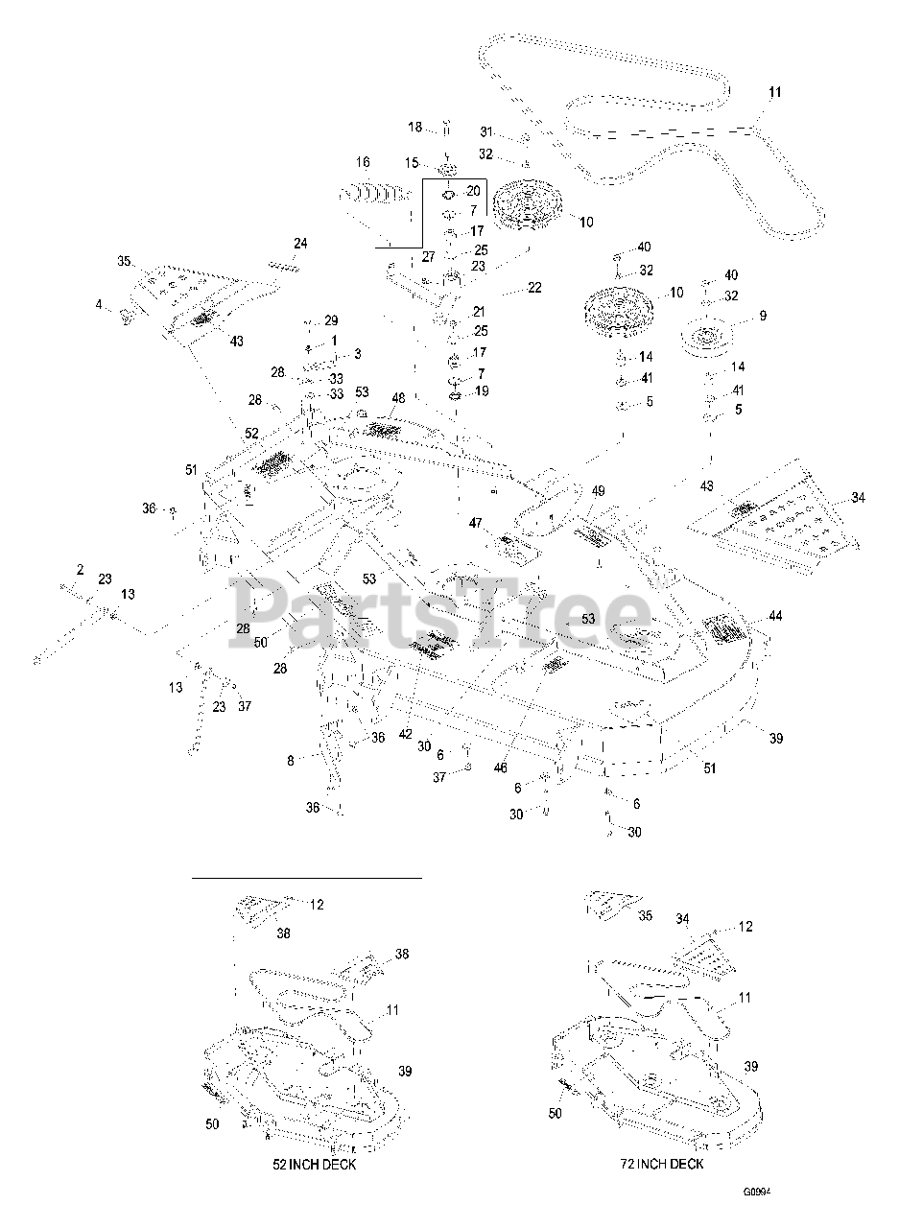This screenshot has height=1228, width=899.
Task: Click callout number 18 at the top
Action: (x=414, y=128)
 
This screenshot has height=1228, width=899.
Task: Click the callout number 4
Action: (x=98, y=305)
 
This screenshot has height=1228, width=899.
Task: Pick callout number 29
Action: (x=331, y=320)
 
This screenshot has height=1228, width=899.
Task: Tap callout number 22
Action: (x=534, y=289)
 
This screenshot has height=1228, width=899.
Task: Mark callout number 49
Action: (x=598, y=492)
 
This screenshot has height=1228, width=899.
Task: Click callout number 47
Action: (x=475, y=523)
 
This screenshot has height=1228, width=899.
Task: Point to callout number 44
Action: (x=774, y=615)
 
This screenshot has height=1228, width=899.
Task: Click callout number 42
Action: (x=405, y=735)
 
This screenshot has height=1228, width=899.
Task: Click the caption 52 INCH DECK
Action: (x=315, y=1165)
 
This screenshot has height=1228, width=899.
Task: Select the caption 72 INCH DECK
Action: (x=661, y=1165)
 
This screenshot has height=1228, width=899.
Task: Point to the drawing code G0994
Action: (x=757, y=1193)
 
